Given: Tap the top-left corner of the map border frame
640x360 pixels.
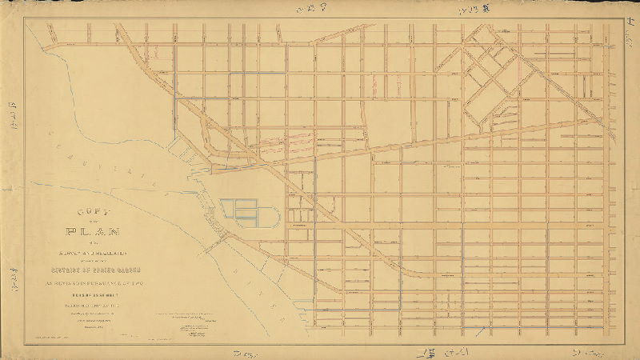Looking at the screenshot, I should click(25, 20).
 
